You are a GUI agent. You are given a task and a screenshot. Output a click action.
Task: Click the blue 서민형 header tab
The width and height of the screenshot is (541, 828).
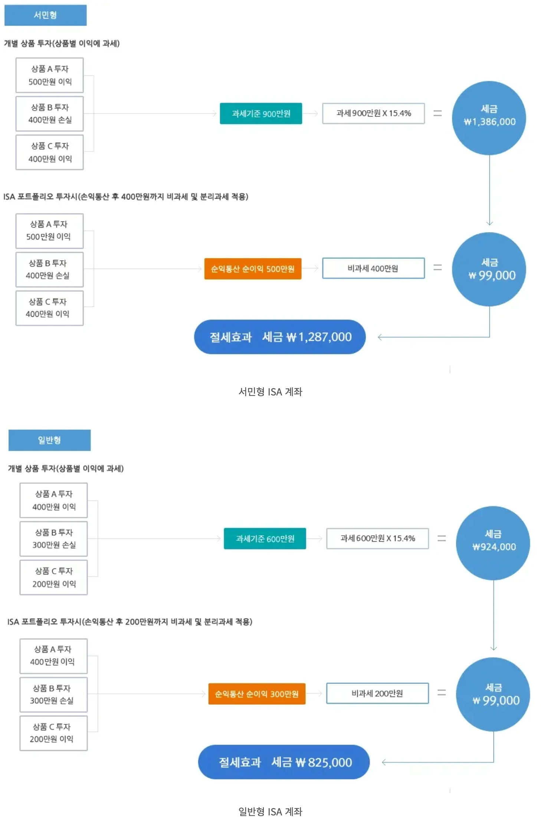click(45, 15)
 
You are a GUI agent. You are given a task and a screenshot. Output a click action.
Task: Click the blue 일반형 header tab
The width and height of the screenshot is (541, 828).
click(49, 440)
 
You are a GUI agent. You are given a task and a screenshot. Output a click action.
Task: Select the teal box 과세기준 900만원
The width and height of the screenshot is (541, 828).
click(261, 114)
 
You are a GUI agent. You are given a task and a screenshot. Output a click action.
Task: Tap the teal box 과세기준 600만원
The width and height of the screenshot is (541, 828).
click(265, 538)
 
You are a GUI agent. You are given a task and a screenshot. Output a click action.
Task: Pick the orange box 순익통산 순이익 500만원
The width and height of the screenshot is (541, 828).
click(253, 269)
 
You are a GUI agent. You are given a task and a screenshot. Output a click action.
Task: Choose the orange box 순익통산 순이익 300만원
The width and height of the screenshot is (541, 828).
click(257, 694)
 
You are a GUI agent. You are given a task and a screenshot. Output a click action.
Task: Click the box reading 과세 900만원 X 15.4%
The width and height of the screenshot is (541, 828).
click(373, 113)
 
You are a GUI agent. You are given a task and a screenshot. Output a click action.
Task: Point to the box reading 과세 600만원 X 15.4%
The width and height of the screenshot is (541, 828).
click(377, 538)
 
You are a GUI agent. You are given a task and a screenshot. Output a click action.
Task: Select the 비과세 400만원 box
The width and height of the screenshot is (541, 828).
click(373, 268)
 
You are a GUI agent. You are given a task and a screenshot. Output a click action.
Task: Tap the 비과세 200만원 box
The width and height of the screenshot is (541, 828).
click(377, 693)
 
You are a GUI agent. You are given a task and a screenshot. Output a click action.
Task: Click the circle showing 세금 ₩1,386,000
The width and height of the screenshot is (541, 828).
click(489, 118)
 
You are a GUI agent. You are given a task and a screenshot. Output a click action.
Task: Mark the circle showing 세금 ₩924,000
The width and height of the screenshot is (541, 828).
click(493, 543)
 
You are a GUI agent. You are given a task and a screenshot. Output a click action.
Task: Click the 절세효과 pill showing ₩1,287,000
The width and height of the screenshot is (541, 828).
click(280, 337)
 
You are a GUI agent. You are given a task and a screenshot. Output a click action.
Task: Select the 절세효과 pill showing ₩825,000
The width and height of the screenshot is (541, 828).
click(284, 762)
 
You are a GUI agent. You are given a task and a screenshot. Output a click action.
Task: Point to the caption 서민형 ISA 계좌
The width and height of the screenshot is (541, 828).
click(270, 391)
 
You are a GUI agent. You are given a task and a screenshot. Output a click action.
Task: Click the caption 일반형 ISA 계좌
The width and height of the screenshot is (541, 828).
click(270, 811)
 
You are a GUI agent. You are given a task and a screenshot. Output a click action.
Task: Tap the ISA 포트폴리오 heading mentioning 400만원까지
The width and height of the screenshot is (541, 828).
click(126, 196)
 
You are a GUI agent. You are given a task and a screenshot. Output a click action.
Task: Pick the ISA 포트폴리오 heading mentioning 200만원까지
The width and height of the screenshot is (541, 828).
click(130, 622)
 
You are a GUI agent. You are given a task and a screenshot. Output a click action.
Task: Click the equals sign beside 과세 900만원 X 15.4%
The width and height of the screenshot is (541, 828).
click(438, 113)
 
